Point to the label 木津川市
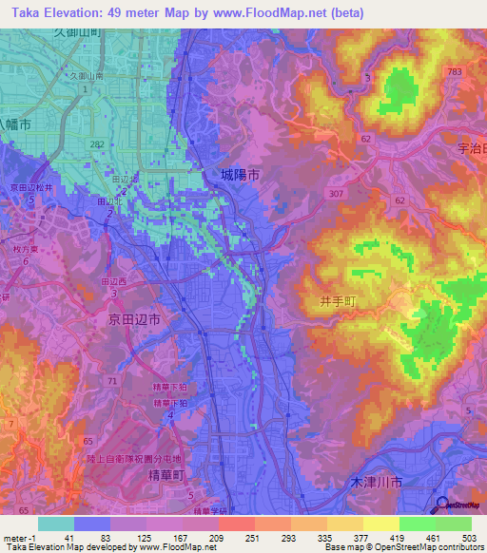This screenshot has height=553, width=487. [x=372, y=485]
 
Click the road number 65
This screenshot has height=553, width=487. [x=62, y=443]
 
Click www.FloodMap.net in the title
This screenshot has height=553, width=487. [x=295, y=13]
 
